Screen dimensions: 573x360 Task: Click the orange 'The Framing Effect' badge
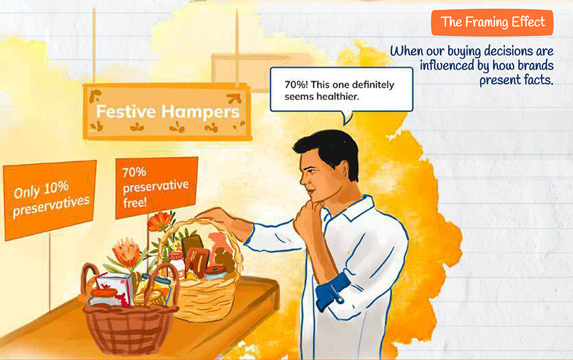coord(492,22)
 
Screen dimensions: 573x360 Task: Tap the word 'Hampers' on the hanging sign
coord(200,111)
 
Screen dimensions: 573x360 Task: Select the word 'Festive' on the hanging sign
coord(125,111)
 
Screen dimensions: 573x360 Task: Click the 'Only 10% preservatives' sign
coord(50,199)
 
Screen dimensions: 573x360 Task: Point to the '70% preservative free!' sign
coord(156,187)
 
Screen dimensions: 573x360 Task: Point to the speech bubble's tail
coord(347,118)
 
